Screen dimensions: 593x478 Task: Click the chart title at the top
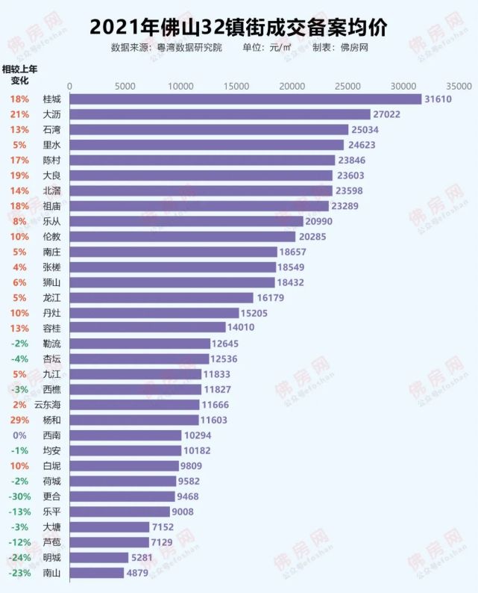(x=239, y=27)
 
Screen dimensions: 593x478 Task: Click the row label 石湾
(x=52, y=130)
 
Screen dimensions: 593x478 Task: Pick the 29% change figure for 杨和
(x=20, y=420)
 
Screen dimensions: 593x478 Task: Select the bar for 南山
(x=96, y=573)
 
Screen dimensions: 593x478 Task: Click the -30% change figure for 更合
(x=19, y=497)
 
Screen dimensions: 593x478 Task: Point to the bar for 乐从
(x=186, y=221)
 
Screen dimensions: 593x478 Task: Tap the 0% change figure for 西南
(x=20, y=435)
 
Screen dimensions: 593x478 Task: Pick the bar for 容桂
(x=147, y=328)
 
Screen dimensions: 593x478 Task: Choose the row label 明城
(x=52, y=558)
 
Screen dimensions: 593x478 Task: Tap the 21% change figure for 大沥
(x=20, y=114)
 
